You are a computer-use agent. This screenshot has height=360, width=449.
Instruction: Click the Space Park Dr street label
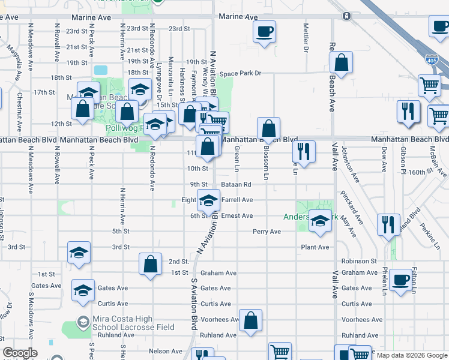point(241,74)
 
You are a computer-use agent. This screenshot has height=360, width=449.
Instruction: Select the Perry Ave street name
point(267,232)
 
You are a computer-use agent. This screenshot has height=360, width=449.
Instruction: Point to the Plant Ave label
point(315,247)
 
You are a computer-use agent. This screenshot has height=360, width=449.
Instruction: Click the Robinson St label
point(359,262)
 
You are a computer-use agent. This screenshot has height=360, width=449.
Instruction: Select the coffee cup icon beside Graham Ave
point(401,280)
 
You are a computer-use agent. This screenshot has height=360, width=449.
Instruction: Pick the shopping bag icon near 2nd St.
point(151,263)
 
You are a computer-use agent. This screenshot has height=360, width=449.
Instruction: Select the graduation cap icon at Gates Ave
point(83,290)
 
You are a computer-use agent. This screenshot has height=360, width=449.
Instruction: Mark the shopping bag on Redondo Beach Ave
point(341,62)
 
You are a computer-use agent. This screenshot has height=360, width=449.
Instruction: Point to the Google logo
point(20,353)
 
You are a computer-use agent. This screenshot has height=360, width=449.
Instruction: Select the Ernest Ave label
point(237,216)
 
